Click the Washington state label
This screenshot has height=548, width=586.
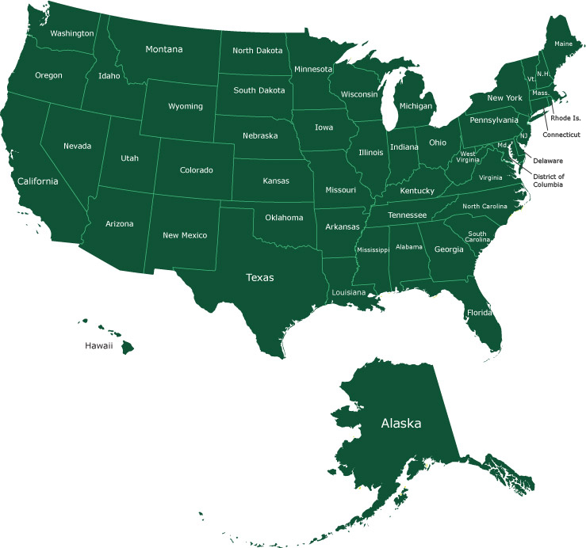click(x=72, y=34)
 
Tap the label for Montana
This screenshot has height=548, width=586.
click(x=164, y=49)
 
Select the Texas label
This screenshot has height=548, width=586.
click(x=259, y=277)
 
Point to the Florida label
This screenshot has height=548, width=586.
click(x=480, y=312)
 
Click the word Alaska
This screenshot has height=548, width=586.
click(x=401, y=423)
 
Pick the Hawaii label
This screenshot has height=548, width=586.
click(x=99, y=346)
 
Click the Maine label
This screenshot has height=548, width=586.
click(x=564, y=44)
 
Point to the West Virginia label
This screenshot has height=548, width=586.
click(x=468, y=157)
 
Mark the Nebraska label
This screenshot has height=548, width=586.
click(x=260, y=135)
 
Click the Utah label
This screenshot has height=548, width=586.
click(x=129, y=158)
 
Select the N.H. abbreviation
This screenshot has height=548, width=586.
click(x=543, y=74)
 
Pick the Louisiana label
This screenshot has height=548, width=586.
click(x=348, y=292)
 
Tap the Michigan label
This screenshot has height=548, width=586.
click(x=416, y=106)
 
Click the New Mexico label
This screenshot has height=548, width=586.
click(x=185, y=235)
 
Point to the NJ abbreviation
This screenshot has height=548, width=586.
click(x=523, y=135)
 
